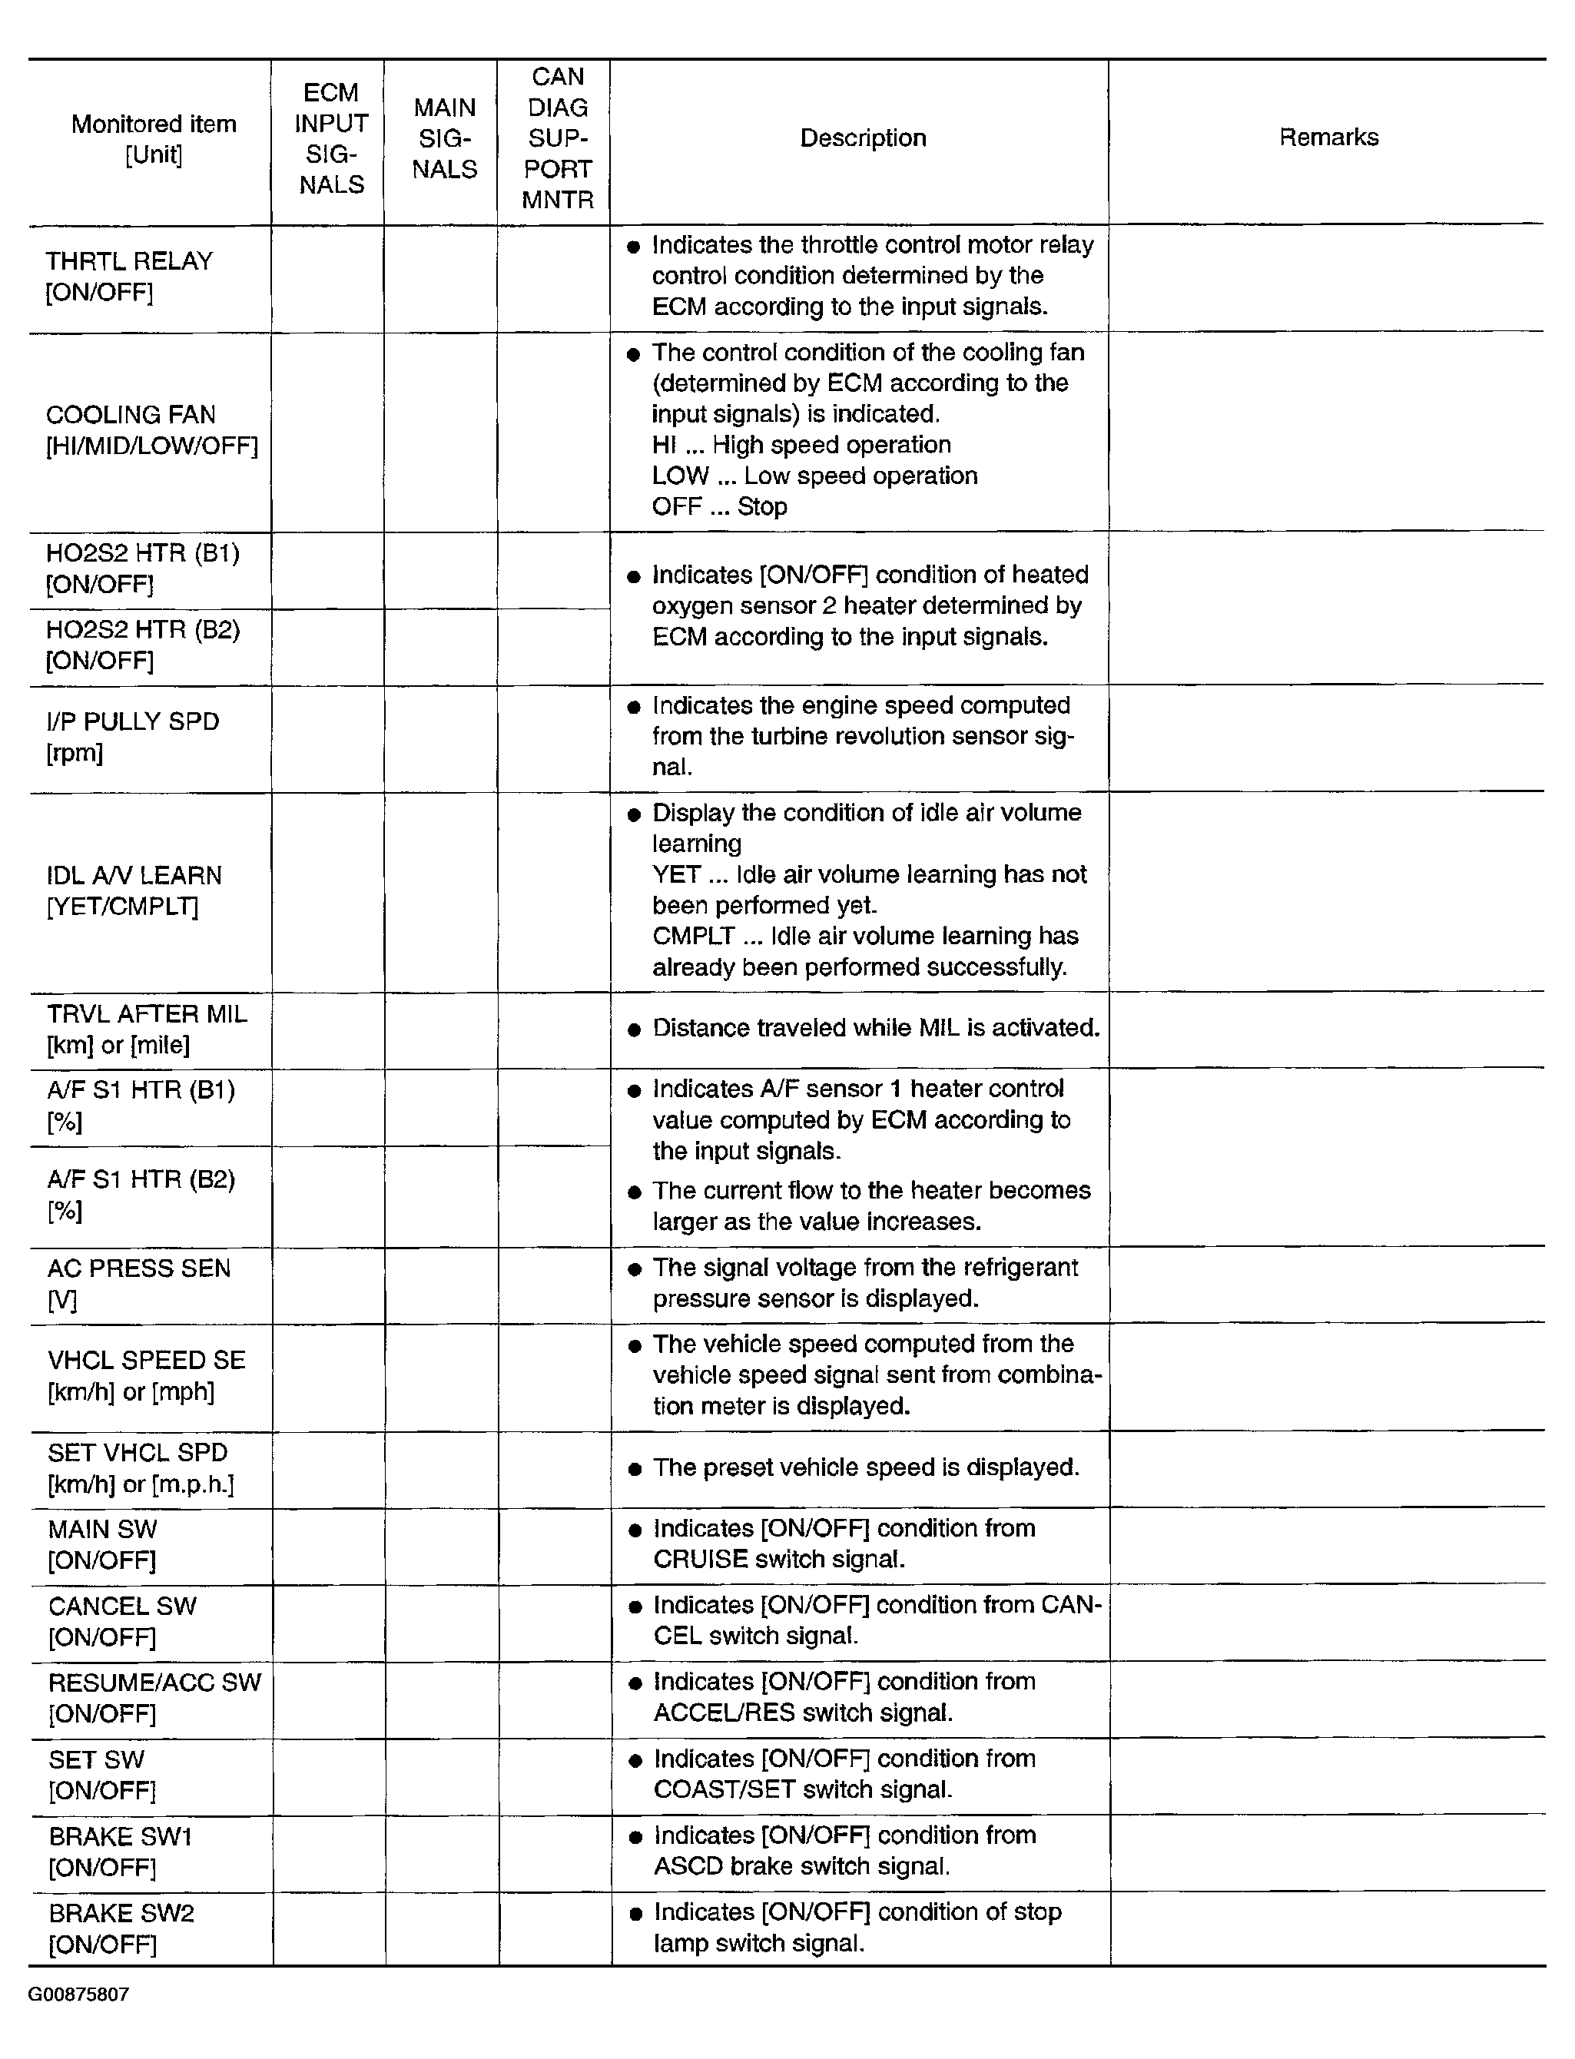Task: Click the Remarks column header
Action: [1328, 138]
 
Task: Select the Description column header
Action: [863, 138]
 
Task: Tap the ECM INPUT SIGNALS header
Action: [331, 139]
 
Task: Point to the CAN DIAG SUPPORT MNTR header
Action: [557, 139]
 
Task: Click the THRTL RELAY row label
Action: [129, 277]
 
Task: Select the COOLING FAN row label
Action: [150, 429]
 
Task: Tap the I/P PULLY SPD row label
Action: [132, 736]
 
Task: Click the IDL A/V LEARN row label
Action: [134, 890]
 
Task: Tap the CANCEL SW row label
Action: [123, 1621]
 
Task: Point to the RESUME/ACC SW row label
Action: [154, 1697]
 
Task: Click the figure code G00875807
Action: [78, 1994]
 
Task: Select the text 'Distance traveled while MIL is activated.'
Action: [876, 1029]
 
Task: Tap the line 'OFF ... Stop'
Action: [719, 507]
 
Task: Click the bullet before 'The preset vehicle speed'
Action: [635, 1468]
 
